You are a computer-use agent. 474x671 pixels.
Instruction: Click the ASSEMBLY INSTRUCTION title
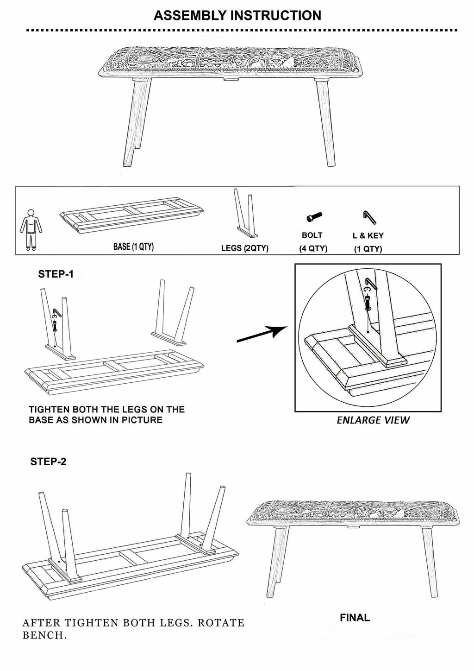point(237,15)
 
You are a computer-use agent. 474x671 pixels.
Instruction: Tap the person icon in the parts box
point(31,230)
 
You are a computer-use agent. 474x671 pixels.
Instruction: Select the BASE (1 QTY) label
point(133,247)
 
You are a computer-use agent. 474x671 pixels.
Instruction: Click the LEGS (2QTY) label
point(244,248)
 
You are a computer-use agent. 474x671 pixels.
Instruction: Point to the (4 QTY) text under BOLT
point(313,248)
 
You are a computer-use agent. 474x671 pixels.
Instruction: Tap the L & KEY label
point(368,235)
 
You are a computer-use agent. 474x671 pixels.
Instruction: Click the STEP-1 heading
point(56,274)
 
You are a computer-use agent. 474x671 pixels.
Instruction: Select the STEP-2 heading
point(48,462)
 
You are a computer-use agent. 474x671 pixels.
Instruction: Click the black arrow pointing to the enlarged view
point(262,335)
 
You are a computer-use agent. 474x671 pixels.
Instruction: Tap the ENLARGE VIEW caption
point(373,420)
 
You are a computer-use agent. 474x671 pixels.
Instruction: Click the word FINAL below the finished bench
point(355,618)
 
